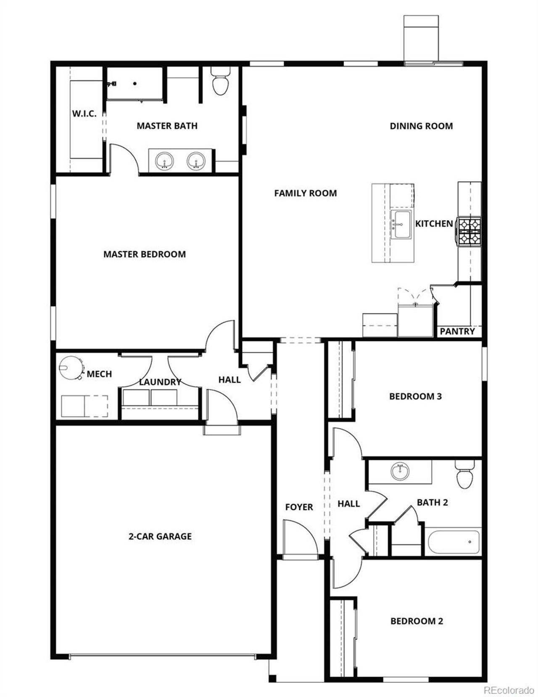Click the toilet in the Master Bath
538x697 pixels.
(220, 82)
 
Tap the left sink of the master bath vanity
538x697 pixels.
(164, 161)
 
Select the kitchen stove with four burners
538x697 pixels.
(469, 231)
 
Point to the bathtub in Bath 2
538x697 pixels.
(454, 542)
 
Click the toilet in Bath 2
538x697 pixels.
(464, 476)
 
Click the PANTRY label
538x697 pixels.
(457, 331)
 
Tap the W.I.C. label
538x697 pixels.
(84, 114)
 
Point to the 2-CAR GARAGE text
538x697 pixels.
(160, 536)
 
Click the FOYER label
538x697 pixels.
(299, 507)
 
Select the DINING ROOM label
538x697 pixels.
(421, 126)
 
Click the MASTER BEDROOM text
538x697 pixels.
(144, 254)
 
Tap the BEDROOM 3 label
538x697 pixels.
(415, 396)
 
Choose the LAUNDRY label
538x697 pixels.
(160, 382)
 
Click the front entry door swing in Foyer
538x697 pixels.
(299, 538)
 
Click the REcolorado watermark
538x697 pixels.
(509, 690)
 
